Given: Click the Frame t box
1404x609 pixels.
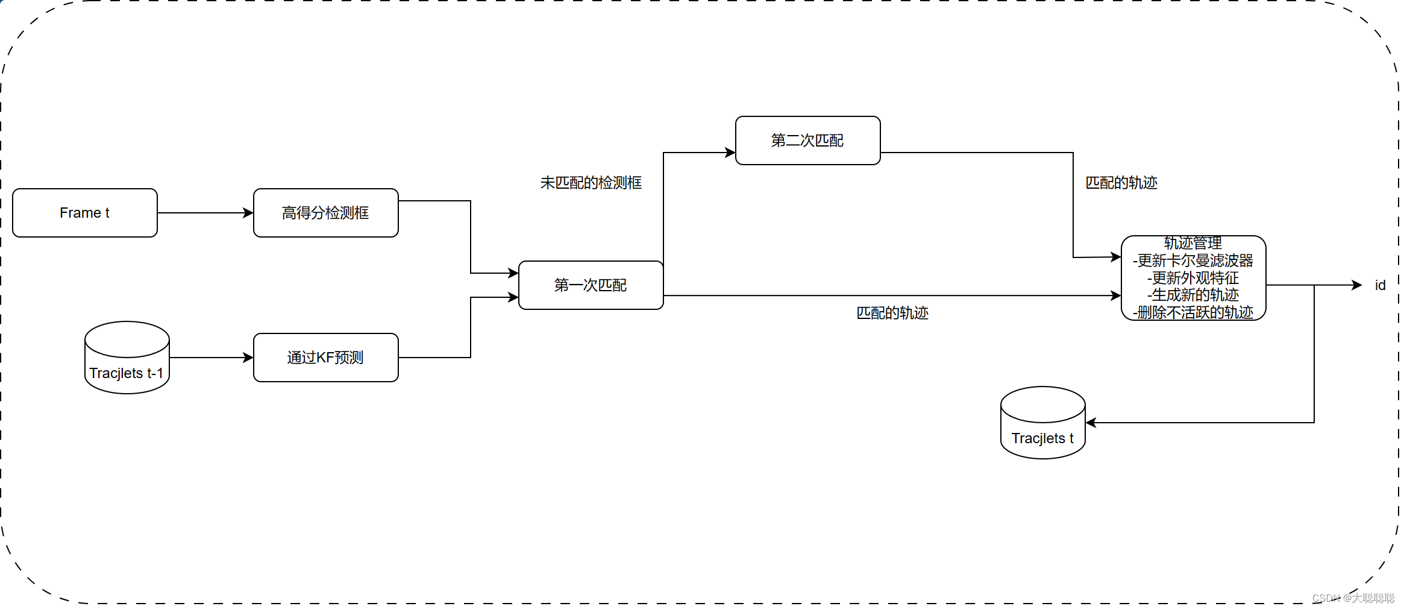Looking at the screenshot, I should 84,213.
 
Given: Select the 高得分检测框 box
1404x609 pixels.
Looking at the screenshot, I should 325,213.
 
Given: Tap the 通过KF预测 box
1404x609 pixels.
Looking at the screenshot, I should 325,358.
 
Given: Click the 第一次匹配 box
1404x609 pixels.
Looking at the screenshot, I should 591,285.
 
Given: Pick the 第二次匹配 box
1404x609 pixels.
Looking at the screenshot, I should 807,140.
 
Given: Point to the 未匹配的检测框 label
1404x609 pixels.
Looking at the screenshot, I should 591,183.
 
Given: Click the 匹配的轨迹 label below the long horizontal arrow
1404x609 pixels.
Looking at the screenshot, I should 892,313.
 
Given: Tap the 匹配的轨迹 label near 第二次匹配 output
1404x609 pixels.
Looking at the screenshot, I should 1121,183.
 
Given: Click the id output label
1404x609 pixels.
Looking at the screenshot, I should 1380,285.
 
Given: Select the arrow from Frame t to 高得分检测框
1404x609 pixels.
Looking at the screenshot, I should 205,213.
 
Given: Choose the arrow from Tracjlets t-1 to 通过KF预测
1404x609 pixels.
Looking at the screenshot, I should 211,358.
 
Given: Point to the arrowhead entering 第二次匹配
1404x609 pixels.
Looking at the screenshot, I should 730,153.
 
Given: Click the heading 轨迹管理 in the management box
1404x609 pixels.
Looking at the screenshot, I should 1193,243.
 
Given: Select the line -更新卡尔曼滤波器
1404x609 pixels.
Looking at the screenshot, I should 1193,260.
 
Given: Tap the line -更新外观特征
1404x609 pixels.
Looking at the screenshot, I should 1193,278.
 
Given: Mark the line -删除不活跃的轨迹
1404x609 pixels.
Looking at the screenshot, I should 1193,312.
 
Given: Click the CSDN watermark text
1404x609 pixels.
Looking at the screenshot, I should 1353,598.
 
